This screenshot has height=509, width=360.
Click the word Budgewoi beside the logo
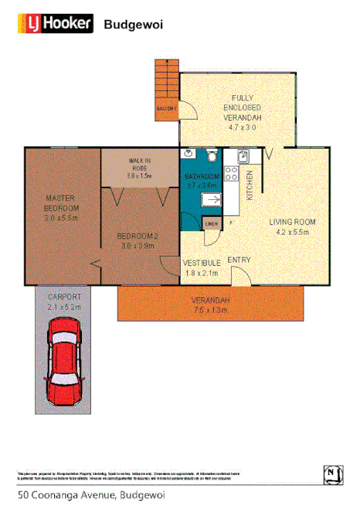click(x=133, y=25)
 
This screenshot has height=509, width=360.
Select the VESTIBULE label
click(x=202, y=263)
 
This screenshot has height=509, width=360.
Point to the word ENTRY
click(x=239, y=260)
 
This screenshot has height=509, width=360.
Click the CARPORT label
click(x=64, y=297)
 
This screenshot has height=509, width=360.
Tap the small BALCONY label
click(x=166, y=108)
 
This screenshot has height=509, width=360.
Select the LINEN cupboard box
click(x=211, y=223)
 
